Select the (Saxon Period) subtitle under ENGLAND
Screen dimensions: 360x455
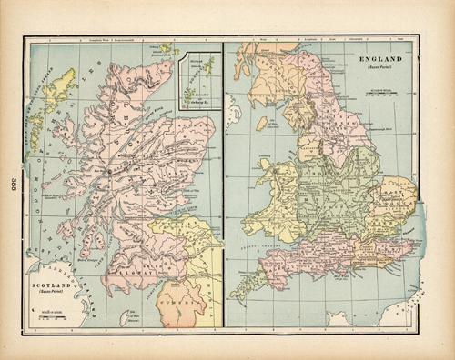point(375,68)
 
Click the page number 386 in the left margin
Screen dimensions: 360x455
point(14,180)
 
